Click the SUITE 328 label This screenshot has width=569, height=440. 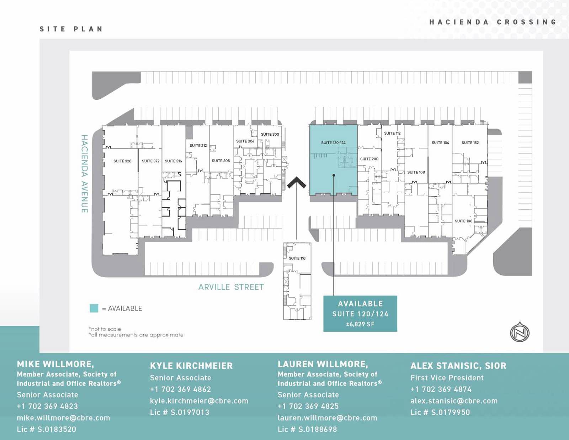pyautogui.click(x=122, y=161)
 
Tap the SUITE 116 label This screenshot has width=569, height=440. pyautogui.click(x=297, y=258)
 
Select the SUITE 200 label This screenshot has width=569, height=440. pyautogui.click(x=369, y=159)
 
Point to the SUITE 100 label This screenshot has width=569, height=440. pyautogui.click(x=463, y=221)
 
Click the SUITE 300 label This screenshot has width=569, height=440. pyautogui.click(x=270, y=135)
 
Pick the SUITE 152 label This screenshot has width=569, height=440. pyautogui.click(x=470, y=143)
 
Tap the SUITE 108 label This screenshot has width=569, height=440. pyautogui.click(x=416, y=172)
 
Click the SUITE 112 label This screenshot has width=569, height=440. pyautogui.click(x=392, y=133)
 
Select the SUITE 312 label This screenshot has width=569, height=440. pyautogui.click(x=198, y=146)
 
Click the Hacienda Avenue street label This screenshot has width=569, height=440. pyautogui.click(x=84, y=174)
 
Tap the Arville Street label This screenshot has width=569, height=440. pyautogui.click(x=231, y=287)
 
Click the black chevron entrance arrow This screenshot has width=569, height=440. pyautogui.click(x=297, y=183)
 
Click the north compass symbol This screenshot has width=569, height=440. pyautogui.click(x=520, y=332)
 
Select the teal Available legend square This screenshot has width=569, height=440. pyautogui.click(x=94, y=308)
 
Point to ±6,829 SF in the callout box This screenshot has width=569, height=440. pyautogui.click(x=360, y=324)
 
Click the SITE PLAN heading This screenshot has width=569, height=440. pyautogui.click(x=71, y=29)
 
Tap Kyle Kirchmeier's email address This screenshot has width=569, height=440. pyautogui.click(x=199, y=401)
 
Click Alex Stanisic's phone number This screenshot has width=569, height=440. pyautogui.click(x=441, y=389)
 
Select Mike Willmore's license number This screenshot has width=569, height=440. pyautogui.click(x=47, y=429)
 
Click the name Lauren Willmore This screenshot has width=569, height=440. pyautogui.click(x=323, y=364)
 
